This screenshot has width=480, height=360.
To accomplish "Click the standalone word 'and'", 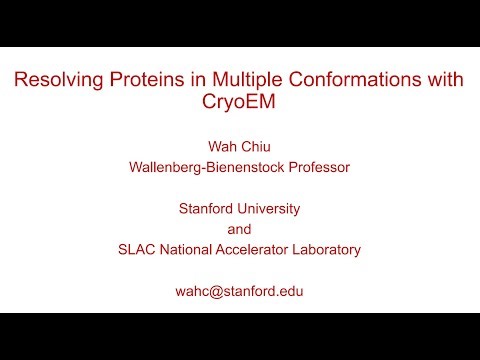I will (239, 229).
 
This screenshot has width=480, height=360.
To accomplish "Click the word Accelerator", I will (258, 250).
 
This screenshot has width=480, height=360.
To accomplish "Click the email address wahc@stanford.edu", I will (239, 291).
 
